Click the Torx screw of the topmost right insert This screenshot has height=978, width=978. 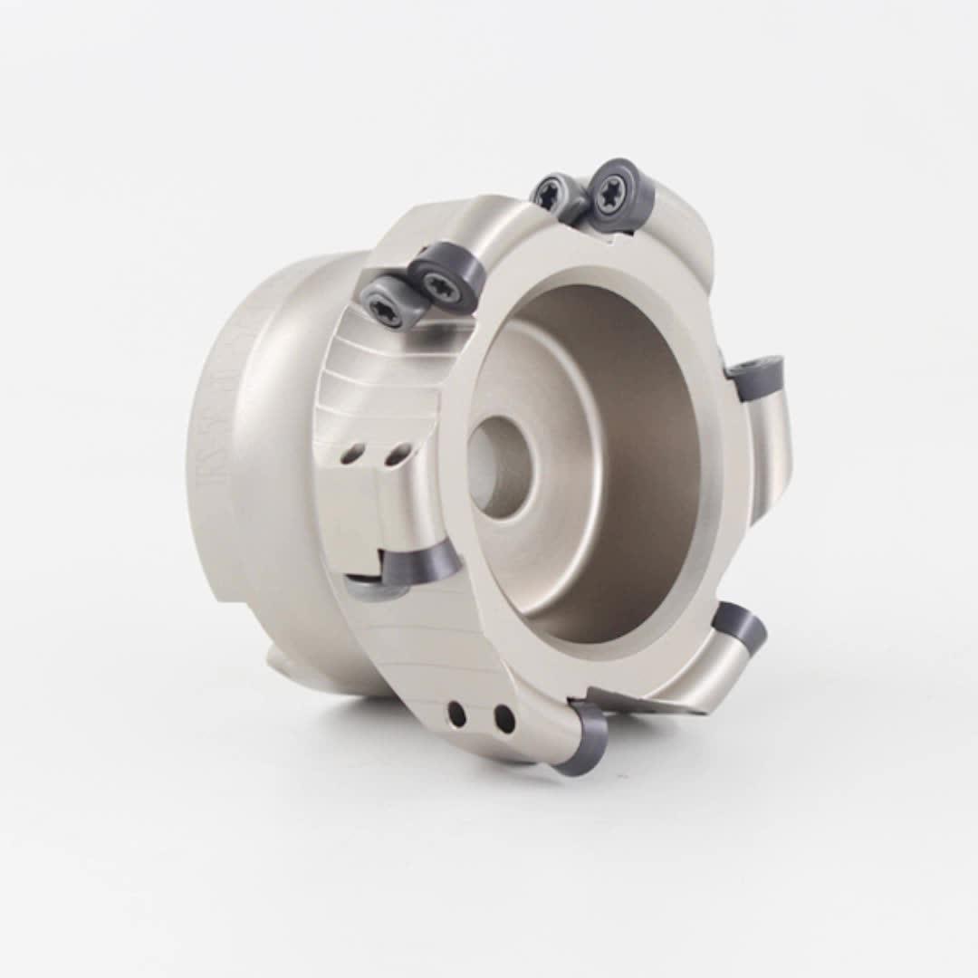609,193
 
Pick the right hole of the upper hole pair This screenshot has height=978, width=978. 395,455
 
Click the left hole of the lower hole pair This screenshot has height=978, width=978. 457,714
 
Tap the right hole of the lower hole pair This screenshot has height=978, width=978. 504,719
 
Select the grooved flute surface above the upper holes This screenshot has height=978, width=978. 380,380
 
